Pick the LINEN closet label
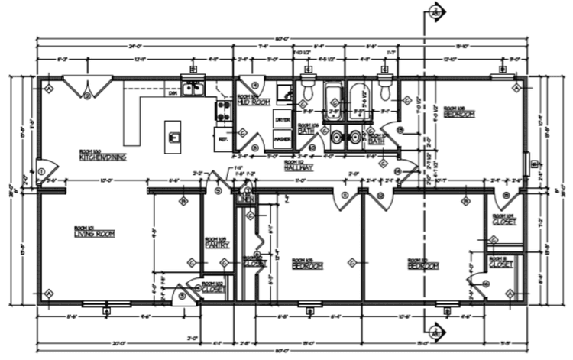click(246, 199)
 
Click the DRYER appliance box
click(282, 121)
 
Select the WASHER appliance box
click(282, 138)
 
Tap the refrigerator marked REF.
click(224, 139)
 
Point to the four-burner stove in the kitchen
click(224, 112)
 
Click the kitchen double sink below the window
click(193, 89)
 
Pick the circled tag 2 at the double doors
click(87, 95)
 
